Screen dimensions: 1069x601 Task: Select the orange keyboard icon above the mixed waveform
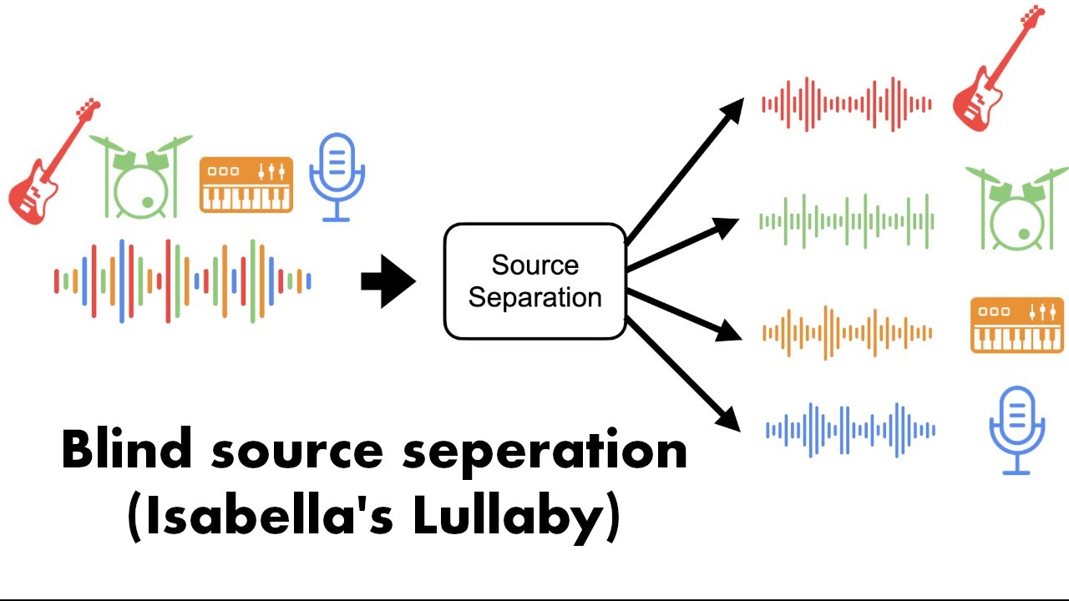(x=246, y=184)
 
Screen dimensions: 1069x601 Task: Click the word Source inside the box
(x=535, y=265)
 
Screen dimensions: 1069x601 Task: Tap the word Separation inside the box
(x=535, y=298)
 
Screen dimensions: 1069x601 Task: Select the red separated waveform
(x=847, y=104)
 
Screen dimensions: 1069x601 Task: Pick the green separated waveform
(x=847, y=221)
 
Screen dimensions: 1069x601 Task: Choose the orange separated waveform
(x=847, y=332)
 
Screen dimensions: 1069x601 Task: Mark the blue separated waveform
(x=850, y=430)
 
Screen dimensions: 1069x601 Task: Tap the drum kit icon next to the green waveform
(x=1017, y=210)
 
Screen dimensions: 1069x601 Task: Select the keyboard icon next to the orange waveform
(x=1017, y=326)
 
